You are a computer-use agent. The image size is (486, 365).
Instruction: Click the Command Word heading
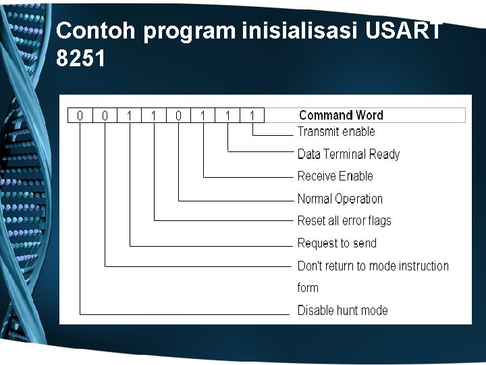tap(341, 116)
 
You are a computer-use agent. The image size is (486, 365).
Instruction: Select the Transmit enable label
tap(336, 132)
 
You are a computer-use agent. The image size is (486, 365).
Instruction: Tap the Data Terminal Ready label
tap(348, 154)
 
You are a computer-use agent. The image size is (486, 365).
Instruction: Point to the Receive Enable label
tap(335, 176)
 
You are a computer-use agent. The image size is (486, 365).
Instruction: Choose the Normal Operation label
tap(340, 199)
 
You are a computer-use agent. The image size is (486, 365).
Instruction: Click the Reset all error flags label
tap(344, 221)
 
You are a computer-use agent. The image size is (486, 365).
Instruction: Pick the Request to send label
tap(337, 243)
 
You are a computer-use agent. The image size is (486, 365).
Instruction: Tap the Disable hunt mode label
tap(342, 310)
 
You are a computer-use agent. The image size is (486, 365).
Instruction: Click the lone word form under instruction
tap(308, 288)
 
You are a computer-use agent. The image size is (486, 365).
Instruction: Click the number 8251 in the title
tap(81, 59)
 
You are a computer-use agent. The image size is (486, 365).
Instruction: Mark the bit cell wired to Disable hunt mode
tap(80, 116)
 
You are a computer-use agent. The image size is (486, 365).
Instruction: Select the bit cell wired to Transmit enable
tap(252, 116)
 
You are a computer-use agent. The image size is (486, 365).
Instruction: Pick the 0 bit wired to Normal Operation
tap(178, 116)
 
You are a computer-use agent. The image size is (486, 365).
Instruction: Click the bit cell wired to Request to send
tap(129, 116)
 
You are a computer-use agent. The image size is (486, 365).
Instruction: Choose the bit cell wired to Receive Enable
tap(203, 116)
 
